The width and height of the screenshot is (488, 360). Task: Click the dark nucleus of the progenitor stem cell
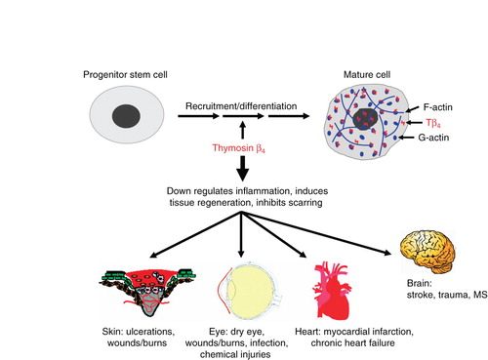[126, 116]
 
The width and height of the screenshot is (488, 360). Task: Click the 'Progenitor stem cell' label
[125, 75]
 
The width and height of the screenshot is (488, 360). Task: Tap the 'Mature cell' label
[367, 75]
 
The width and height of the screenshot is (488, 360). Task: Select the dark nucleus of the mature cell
[365, 119]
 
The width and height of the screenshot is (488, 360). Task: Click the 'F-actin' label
[437, 107]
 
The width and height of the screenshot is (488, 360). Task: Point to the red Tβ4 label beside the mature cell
[433, 123]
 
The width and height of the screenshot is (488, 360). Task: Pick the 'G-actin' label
[433, 138]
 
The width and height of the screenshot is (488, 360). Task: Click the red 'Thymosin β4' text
[239, 148]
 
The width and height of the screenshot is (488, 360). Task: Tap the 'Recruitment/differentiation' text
[241, 106]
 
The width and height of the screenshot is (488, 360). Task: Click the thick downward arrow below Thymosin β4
[242, 169]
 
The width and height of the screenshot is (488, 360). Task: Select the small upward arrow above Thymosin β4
[242, 131]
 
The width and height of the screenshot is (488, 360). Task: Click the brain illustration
[427, 251]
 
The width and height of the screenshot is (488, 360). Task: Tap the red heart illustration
[331, 291]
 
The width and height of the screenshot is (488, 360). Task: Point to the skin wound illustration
[147, 291]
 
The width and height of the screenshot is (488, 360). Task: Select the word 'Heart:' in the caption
[307, 332]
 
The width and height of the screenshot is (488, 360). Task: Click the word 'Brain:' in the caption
[420, 283]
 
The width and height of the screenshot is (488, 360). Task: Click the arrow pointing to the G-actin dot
[407, 138]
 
